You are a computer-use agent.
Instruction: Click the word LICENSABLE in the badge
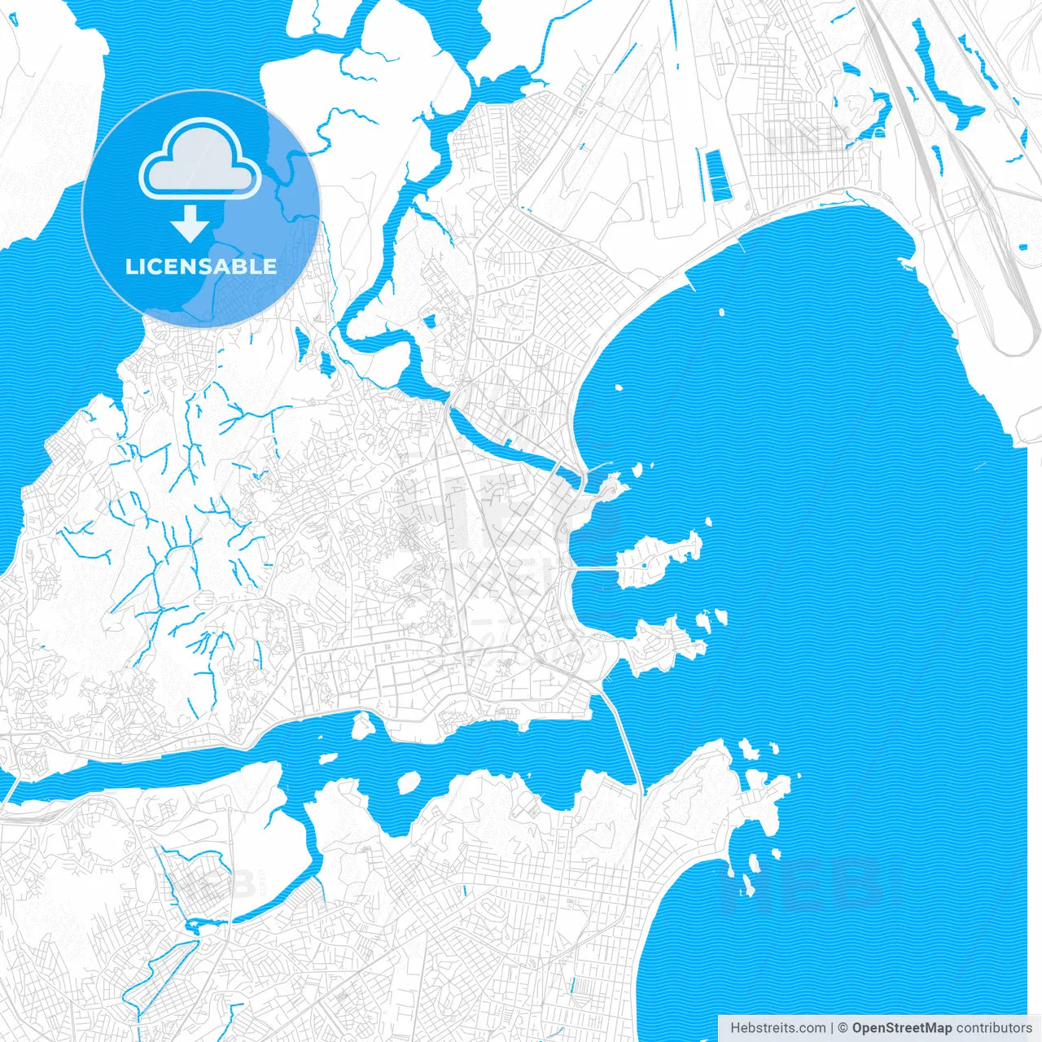(201, 266)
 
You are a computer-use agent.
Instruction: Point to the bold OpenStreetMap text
(902, 1028)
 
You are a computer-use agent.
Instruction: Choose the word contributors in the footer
(994, 1028)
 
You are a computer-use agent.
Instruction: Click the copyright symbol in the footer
(843, 1028)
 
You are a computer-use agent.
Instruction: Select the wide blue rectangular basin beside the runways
(720, 176)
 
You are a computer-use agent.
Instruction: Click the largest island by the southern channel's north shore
(363, 725)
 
